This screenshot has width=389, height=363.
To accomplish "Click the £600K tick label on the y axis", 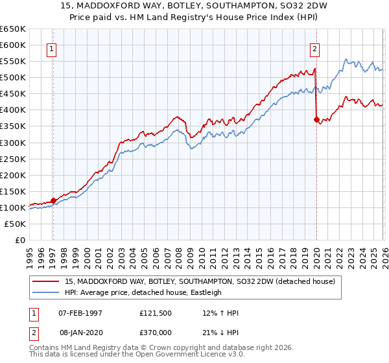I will [13, 45].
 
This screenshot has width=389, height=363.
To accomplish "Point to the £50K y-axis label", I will [15, 224].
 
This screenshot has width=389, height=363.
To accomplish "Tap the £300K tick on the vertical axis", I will [13, 143].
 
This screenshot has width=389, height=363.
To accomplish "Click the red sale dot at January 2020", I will [316, 119].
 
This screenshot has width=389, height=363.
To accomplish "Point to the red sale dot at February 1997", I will [53, 200].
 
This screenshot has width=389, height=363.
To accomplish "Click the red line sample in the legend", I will [46, 281].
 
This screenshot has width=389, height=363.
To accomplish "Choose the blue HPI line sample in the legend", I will [46, 292].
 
